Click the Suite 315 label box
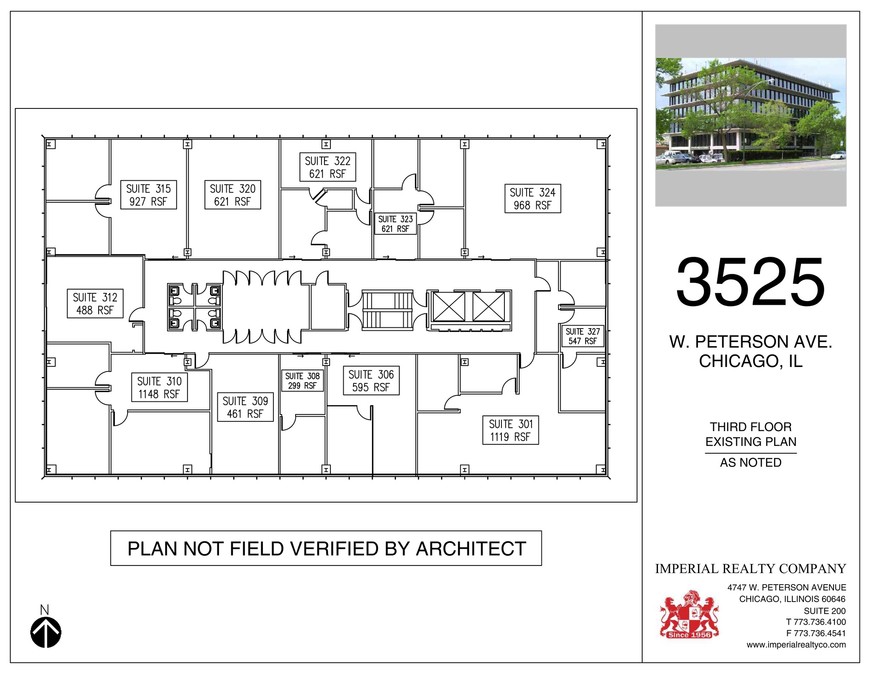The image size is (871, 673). tap(148, 195)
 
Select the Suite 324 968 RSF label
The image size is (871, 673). tap(532, 199)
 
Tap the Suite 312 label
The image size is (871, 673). tap(95, 304)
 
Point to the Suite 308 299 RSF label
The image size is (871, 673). tap(302, 381)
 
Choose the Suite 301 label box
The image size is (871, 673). tap(510, 430)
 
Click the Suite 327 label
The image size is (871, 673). tap(583, 336)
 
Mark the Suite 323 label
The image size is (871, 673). tap(396, 224)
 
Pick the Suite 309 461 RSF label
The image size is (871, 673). tap(245, 407)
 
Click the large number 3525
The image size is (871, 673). tap(750, 283)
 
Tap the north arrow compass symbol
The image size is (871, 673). tap(46, 632)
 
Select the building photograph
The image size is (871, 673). tap(751, 115)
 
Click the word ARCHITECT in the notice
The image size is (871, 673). tap(471, 548)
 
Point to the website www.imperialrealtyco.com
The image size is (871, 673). tap(796, 645)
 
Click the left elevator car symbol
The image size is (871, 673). tap(449, 307)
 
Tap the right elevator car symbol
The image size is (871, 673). tap(489, 307)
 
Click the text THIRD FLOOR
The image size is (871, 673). tap(751, 427)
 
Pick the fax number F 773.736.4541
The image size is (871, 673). tap(816, 633)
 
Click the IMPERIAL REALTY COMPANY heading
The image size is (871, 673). tap(750, 568)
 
